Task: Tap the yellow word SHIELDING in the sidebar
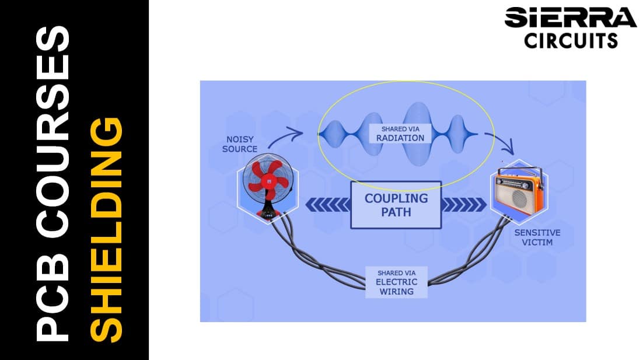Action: (108, 230)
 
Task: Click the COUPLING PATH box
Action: (396, 205)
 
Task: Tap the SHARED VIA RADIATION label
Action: (400, 133)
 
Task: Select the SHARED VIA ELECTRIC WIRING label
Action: (397, 282)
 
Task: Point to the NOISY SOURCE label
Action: (240, 144)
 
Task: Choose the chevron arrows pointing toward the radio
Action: (465, 205)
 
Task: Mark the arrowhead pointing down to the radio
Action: (509, 148)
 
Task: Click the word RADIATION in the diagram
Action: (400, 138)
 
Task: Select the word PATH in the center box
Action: (396, 212)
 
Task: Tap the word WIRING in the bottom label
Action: (397, 291)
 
